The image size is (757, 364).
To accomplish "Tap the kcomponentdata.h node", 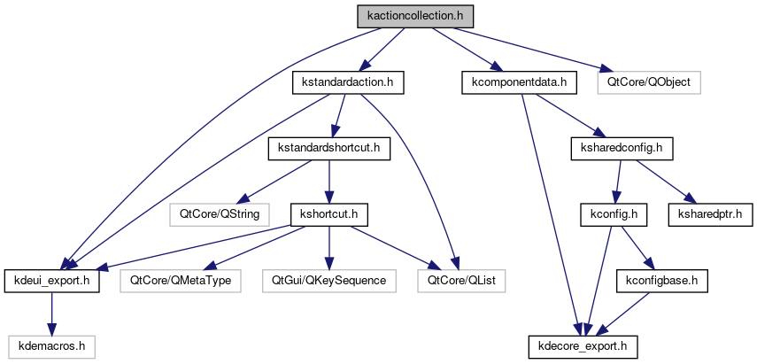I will pyautogui.click(x=519, y=82).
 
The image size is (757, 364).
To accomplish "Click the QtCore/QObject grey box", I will pyautogui.click(x=649, y=82).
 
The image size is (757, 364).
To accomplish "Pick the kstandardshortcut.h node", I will pyautogui.click(x=328, y=147).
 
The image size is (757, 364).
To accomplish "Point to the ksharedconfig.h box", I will pyautogui.click(x=622, y=147).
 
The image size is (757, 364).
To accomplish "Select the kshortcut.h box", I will pyautogui.click(x=329, y=213).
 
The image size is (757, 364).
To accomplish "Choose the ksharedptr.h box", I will pyautogui.click(x=708, y=213).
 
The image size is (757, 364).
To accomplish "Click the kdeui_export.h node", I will pyautogui.click(x=51, y=280).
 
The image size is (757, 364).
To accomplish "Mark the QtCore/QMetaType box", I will pyautogui.click(x=182, y=280).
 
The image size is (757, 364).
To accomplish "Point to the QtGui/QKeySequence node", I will pyautogui.click(x=329, y=280).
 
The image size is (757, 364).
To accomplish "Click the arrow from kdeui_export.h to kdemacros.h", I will pyautogui.click(x=51, y=313).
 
